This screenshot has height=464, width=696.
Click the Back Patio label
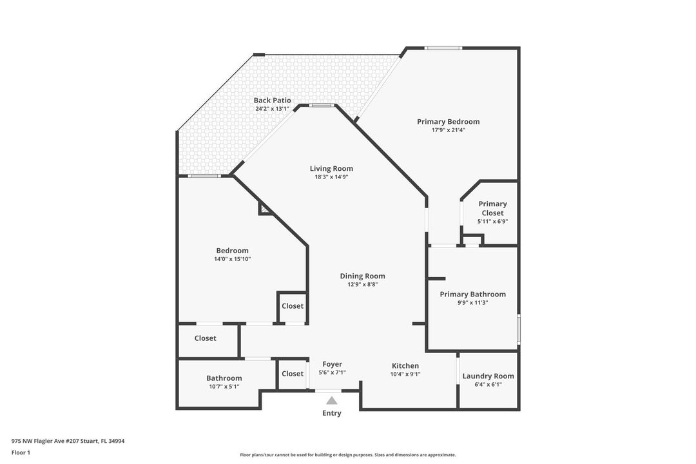click(x=272, y=101)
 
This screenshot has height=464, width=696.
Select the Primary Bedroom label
click(x=448, y=122)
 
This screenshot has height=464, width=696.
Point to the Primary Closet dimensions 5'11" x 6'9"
click(x=492, y=222)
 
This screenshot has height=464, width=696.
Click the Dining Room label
click(x=362, y=276)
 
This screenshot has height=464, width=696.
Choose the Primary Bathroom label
click(x=472, y=295)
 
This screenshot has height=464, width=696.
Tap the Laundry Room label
click(x=488, y=376)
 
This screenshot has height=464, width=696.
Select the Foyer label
click(x=333, y=364)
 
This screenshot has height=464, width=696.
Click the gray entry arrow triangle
click(x=332, y=400)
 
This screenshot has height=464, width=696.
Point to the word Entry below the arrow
click(x=332, y=413)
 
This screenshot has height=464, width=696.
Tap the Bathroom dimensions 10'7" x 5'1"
click(x=224, y=387)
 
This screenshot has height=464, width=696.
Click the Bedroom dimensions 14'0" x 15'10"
click(x=232, y=259)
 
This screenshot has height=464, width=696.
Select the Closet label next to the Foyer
click(x=292, y=374)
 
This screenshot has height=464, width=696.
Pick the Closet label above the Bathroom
click(x=206, y=338)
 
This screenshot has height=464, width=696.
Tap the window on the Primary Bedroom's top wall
click(x=443, y=48)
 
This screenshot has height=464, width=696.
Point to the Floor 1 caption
click(x=21, y=453)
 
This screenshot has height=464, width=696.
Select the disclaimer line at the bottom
click(x=347, y=455)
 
